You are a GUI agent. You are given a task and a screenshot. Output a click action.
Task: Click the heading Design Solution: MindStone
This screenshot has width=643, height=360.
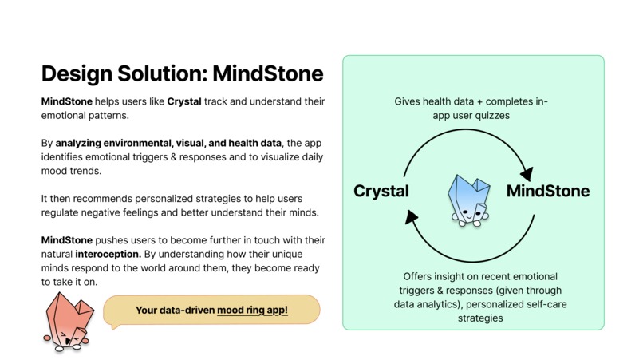[182, 74]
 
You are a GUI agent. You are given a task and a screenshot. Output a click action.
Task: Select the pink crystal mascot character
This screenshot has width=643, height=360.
[66, 320]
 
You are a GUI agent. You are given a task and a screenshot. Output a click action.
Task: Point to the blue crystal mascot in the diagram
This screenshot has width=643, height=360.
[468, 199]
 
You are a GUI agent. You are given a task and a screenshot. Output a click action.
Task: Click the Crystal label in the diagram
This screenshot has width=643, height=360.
[381, 192]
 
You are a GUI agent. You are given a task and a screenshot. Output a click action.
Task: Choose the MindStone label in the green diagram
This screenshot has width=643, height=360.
[548, 192]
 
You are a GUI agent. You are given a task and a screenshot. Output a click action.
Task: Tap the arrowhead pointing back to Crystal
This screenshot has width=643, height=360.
[411, 215]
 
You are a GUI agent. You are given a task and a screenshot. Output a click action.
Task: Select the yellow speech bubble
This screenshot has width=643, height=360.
[211, 310]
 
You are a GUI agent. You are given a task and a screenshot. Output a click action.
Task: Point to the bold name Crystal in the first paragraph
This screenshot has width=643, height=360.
[183, 103]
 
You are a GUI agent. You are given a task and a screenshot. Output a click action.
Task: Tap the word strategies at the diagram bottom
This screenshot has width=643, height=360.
[473, 318]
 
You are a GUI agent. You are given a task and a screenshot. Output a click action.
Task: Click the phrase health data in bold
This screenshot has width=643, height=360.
[241, 143]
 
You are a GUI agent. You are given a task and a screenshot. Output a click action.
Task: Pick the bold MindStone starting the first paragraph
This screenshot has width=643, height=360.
[66, 103]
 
